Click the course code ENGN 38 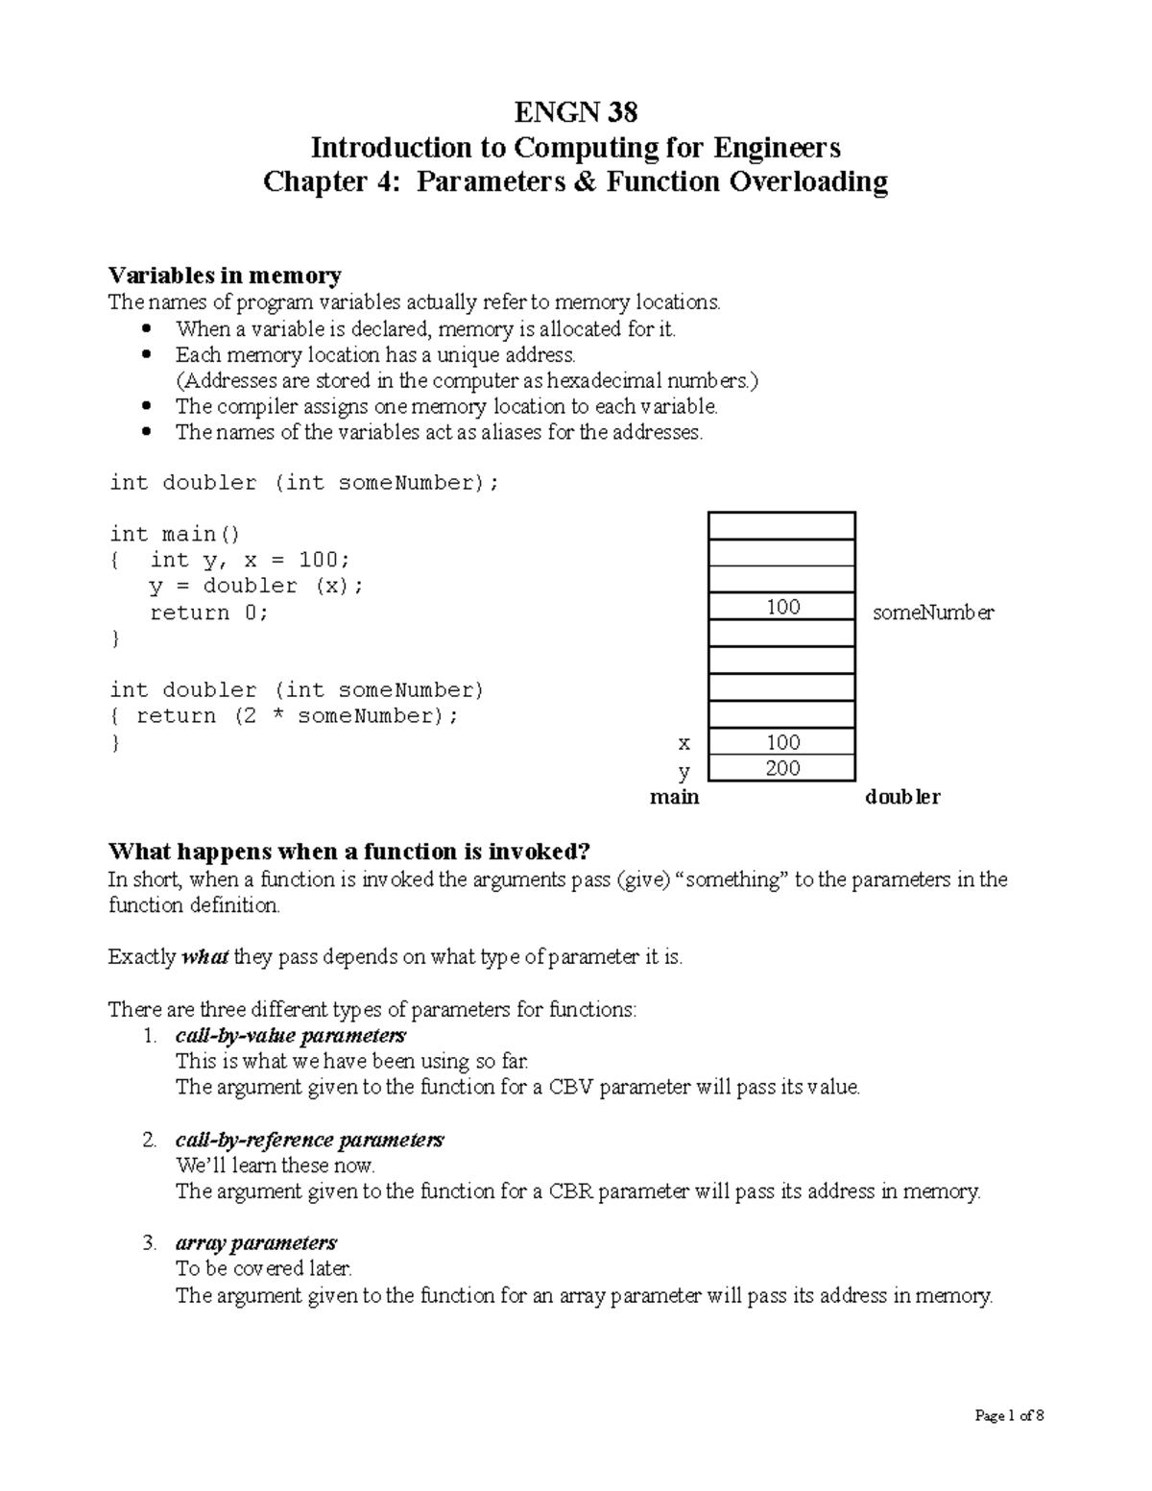click(x=575, y=112)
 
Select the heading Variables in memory click(x=225, y=276)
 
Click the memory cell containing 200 click(x=782, y=768)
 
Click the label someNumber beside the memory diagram click(x=932, y=613)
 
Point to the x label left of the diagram click(x=684, y=742)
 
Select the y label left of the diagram click(x=684, y=770)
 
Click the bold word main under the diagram click(x=674, y=797)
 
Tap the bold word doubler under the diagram click(x=902, y=797)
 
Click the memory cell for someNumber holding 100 click(x=782, y=607)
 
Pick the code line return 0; click(x=209, y=613)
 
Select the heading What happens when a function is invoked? click(x=348, y=852)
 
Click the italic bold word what click(x=204, y=957)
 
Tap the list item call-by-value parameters click(x=291, y=1036)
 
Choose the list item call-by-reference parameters click(x=309, y=1140)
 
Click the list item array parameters click(x=256, y=1243)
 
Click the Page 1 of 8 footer click(x=1009, y=1415)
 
